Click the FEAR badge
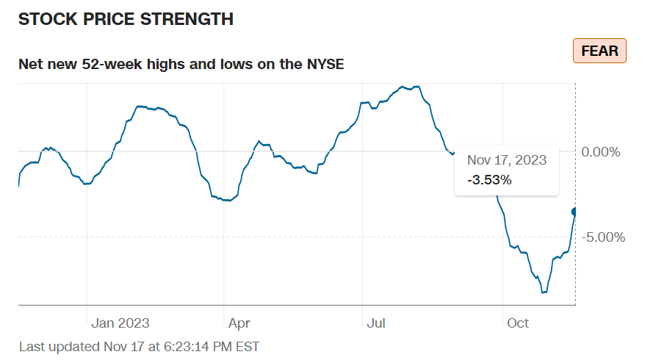[x=599, y=51]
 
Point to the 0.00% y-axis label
[x=601, y=152]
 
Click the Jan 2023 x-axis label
[x=120, y=323]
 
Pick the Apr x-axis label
[x=239, y=323]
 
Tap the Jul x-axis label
[x=377, y=323]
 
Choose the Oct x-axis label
[x=518, y=323]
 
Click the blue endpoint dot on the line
[x=575, y=212]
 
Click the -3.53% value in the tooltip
[x=488, y=179]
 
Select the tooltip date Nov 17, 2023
[x=507, y=159]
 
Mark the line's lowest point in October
[x=544, y=292]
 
